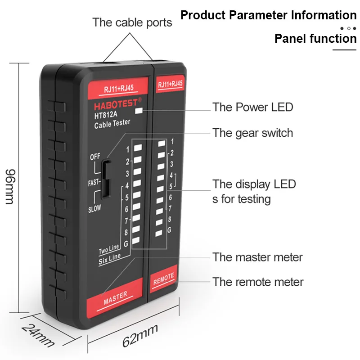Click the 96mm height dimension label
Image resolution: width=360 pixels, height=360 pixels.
10,187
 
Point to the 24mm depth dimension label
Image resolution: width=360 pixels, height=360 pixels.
38,335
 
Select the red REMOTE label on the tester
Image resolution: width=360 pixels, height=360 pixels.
163,279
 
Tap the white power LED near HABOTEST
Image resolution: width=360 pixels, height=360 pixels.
139,110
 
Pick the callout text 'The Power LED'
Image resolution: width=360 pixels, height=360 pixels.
252,107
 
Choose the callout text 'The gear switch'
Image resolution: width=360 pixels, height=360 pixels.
252,133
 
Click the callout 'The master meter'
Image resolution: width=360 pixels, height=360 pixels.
257,257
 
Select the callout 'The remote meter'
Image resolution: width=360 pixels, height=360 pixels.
258,282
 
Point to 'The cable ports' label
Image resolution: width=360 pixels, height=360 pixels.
132,22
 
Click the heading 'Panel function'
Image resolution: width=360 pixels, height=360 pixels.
315,38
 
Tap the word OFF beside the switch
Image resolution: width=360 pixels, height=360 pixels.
95,157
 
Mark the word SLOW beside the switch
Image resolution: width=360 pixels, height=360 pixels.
94,208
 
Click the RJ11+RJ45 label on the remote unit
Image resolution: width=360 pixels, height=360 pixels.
171,84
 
